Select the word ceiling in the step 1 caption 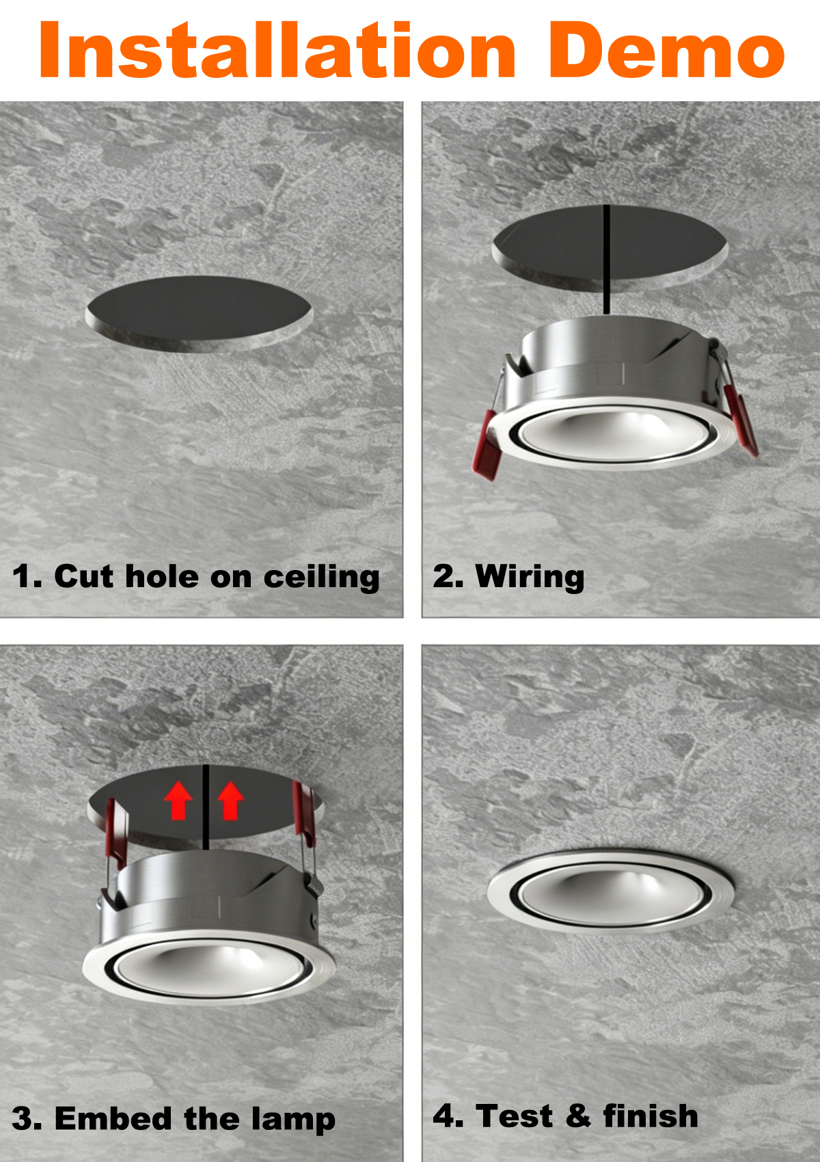(322, 577)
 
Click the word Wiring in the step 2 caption (530, 577)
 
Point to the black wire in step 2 (606, 259)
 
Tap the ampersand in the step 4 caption (578, 1116)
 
